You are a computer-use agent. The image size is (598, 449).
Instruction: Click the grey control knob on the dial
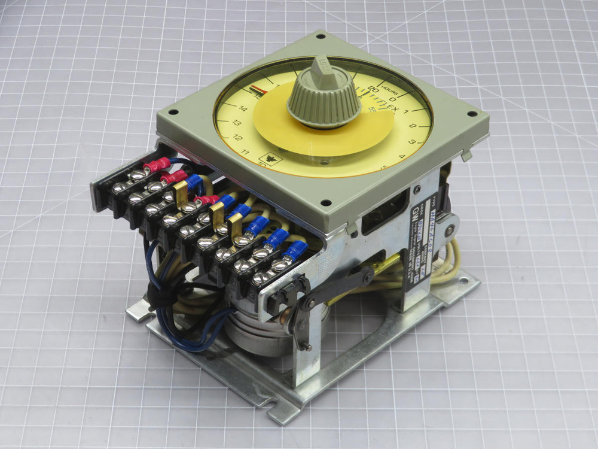324,99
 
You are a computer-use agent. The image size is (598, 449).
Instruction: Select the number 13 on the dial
236,123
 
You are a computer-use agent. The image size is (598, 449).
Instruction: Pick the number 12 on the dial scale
238,138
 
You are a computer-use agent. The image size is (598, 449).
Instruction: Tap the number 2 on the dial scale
412,126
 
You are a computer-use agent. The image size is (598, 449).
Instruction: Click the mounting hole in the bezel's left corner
174,113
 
